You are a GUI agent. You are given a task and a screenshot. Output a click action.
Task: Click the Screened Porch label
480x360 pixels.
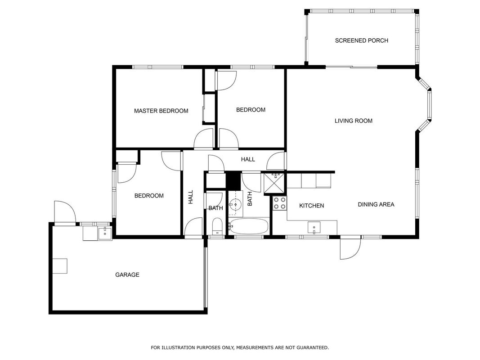(362, 40)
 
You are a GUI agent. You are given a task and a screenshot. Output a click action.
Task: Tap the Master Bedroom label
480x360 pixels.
(161, 111)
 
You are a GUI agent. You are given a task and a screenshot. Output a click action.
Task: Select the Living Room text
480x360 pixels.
(353, 121)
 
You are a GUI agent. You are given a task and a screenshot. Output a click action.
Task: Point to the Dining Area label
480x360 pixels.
(376, 204)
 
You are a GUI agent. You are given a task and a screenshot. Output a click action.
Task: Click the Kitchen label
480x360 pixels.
(312, 206)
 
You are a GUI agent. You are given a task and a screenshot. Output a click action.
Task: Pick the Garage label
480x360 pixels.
(127, 275)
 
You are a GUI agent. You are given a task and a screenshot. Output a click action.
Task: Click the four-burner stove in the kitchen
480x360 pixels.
(280, 203)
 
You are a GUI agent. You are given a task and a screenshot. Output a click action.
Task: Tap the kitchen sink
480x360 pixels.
(314, 228)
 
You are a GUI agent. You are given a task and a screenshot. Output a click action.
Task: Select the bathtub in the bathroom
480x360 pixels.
(249, 226)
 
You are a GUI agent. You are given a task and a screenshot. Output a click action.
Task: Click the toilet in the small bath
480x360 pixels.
(217, 226)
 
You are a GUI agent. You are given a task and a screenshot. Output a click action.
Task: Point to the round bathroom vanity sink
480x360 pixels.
(235, 204)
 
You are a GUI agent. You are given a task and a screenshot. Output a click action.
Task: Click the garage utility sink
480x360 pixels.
(105, 233)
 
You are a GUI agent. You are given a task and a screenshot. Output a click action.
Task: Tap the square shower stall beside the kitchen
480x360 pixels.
(274, 184)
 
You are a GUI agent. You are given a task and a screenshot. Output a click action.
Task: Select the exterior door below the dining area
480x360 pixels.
(350, 248)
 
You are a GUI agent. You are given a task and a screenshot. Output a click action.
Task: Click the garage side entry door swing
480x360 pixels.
(65, 211)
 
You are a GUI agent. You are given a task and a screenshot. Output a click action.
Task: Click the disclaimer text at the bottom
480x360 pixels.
(240, 347)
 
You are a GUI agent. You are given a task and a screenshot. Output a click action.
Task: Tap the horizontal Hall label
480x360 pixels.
(248, 159)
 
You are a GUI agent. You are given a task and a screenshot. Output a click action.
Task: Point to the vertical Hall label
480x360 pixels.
(191, 197)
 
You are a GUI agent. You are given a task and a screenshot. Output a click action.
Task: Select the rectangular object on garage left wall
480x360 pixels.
(60, 266)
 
